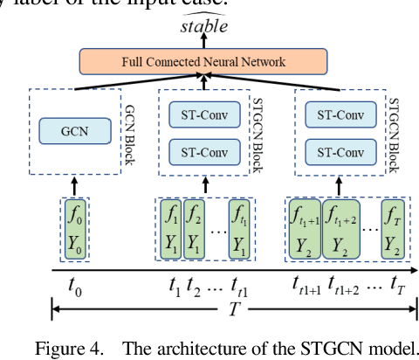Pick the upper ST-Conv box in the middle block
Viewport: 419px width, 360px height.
[200, 115]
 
